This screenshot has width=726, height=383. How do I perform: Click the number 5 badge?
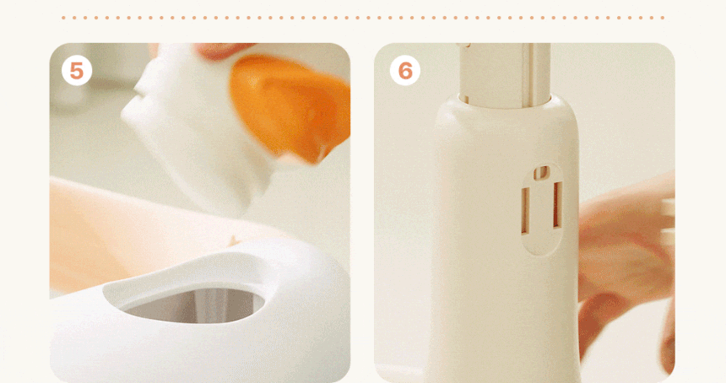(77, 71)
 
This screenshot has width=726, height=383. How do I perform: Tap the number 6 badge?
(405, 71)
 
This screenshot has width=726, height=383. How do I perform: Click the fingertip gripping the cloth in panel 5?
(222, 50)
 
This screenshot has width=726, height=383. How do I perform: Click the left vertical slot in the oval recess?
(526, 210)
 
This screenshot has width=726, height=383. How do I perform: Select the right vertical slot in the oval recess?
(557, 205)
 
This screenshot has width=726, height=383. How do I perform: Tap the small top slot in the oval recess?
(541, 173)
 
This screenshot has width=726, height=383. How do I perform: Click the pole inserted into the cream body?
(505, 75)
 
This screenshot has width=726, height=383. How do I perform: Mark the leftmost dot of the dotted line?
(63, 18)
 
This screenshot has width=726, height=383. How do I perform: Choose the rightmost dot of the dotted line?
(663, 18)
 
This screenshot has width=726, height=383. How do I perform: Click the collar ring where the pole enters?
(505, 104)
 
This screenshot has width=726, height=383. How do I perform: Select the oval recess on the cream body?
(542, 209)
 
